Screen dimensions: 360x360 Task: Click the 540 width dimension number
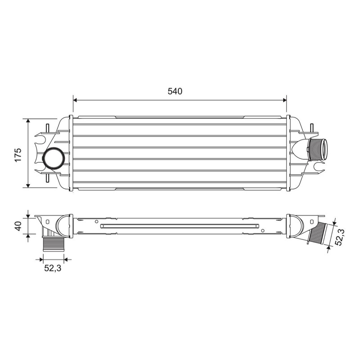(175, 91)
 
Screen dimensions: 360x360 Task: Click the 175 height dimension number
(18, 155)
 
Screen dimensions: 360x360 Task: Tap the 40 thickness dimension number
(18, 226)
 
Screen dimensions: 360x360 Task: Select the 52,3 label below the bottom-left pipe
(53, 268)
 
